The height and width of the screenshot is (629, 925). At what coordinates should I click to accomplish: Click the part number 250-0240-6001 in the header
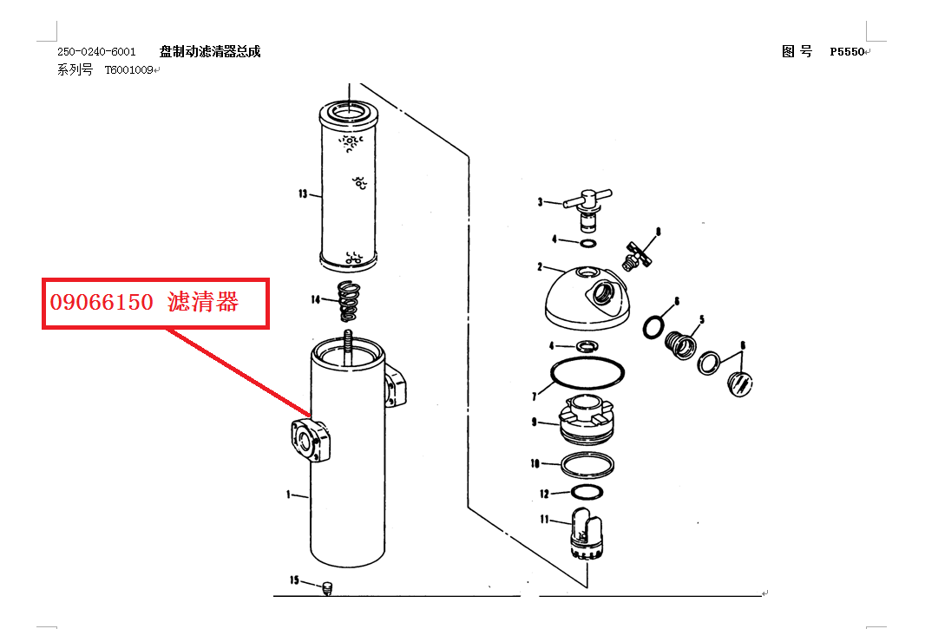pyautogui.click(x=96, y=52)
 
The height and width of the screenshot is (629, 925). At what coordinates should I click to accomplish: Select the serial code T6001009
pyautogui.click(x=129, y=70)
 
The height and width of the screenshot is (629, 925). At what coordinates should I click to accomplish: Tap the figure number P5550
pyautogui.click(x=847, y=52)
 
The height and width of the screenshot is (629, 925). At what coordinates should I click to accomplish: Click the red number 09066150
pyautogui.click(x=102, y=302)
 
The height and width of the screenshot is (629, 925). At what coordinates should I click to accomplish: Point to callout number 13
pyautogui.click(x=303, y=193)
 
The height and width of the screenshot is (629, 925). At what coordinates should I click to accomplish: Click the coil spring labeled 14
pyautogui.click(x=349, y=301)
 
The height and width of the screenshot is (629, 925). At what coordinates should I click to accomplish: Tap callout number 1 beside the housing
pyautogui.click(x=288, y=495)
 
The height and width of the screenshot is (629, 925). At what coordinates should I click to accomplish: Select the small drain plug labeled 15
pyautogui.click(x=328, y=587)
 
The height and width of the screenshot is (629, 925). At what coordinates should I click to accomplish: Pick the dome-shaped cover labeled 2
pyautogui.click(x=587, y=298)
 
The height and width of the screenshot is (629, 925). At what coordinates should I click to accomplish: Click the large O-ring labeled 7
pyautogui.click(x=587, y=372)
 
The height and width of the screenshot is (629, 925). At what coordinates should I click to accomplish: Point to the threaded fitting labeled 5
pyautogui.click(x=680, y=345)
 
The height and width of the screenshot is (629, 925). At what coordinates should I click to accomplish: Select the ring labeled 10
pyautogui.click(x=587, y=465)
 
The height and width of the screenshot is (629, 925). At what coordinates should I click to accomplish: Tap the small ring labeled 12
pyautogui.click(x=587, y=492)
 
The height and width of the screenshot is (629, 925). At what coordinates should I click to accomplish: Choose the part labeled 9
pyautogui.click(x=587, y=420)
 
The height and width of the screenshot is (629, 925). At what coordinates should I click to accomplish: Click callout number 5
pyautogui.click(x=701, y=319)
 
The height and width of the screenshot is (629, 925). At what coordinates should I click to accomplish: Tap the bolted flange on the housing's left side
pyautogui.click(x=311, y=440)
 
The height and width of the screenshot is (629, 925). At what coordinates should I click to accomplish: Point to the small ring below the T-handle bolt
pyautogui.click(x=588, y=243)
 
